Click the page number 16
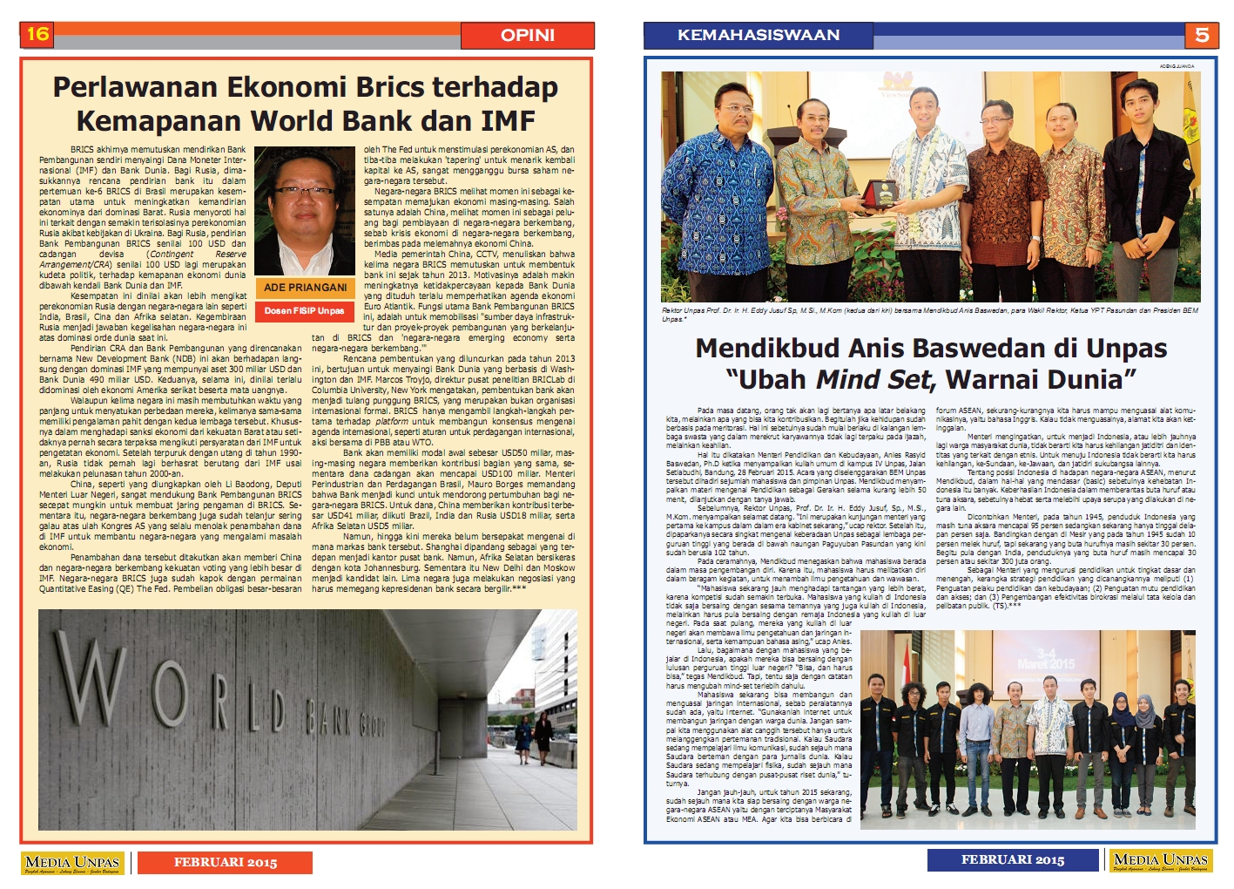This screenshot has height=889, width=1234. (37, 34)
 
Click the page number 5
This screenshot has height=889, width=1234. (1201, 35)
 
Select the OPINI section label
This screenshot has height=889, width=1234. (527, 35)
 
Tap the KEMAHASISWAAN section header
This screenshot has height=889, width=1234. (758, 35)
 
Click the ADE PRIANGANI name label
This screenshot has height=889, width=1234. (305, 288)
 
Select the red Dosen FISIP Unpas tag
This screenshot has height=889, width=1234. (304, 311)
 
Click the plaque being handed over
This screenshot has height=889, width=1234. (885, 192)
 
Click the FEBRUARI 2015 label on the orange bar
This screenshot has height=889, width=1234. (225, 863)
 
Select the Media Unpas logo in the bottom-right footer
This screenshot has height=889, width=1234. (1161, 861)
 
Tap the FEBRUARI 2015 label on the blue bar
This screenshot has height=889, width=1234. (1012, 860)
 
